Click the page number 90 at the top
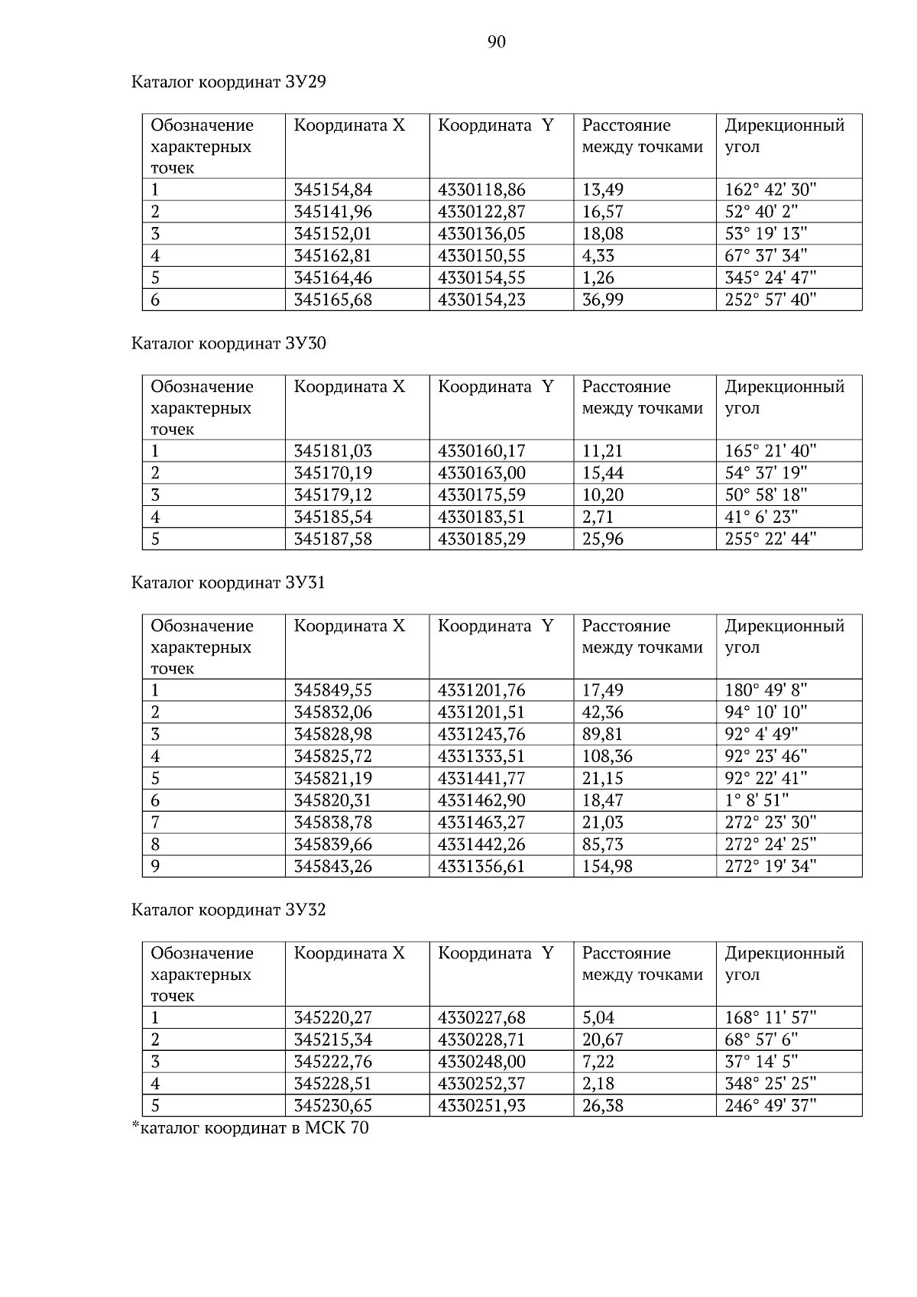point(496,42)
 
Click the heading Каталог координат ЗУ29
point(228,82)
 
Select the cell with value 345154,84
point(333,190)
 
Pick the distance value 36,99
point(603,300)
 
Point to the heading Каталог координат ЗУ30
point(228,343)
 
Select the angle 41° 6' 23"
point(761,517)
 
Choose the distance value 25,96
point(603,539)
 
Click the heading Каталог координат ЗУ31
point(228,582)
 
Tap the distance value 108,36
point(608,757)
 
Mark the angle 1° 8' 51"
point(757,800)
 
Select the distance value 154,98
point(608,867)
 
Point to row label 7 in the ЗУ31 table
point(155,822)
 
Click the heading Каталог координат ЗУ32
point(228,910)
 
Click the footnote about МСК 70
point(250,1127)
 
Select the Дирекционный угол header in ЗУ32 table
point(784,963)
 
